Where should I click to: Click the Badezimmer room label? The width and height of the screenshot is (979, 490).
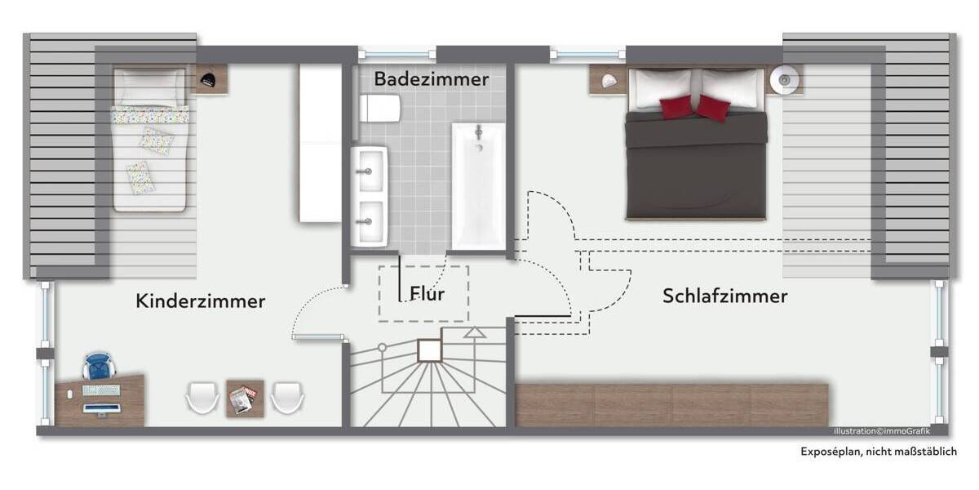click(x=432, y=79)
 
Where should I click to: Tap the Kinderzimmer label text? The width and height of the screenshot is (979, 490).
click(x=200, y=301)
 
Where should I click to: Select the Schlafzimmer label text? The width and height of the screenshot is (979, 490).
click(x=724, y=296)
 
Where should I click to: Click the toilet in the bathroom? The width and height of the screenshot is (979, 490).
click(x=379, y=108)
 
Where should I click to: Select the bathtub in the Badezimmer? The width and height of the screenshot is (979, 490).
click(x=479, y=185)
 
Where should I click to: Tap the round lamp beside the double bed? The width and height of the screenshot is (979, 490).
click(x=785, y=80)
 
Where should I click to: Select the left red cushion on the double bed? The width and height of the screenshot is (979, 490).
click(x=676, y=107)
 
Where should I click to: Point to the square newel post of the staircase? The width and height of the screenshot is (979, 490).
click(x=429, y=350)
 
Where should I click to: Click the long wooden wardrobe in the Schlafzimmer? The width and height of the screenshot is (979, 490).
click(x=672, y=404)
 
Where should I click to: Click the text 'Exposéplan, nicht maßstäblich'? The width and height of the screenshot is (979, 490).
click(x=877, y=452)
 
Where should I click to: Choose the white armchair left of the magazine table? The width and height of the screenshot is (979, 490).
click(x=202, y=399)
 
